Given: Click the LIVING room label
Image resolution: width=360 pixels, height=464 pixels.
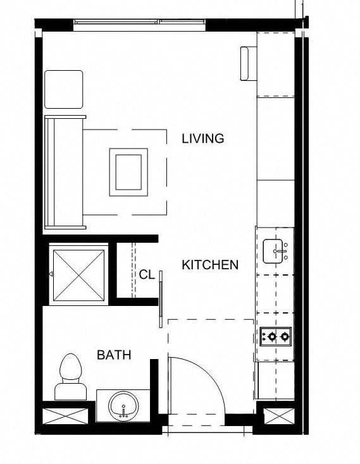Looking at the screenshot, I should pos(202,138).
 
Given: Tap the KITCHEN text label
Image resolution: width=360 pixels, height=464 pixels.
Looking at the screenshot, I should pos(210,265).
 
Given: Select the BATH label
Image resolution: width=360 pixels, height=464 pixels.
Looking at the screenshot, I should pos(114,355).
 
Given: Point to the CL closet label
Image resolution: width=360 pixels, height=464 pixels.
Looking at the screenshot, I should pos(147,275).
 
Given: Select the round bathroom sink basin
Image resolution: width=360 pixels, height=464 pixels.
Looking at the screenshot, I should pos(123,405).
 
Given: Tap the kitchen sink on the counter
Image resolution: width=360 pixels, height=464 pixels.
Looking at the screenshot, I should pos(275,252).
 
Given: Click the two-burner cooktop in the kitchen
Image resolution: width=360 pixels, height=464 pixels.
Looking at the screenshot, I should pos(275,336).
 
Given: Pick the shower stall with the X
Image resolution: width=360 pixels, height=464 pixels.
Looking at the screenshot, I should pos(77,274).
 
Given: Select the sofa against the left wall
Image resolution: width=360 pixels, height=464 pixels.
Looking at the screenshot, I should pos(65,172).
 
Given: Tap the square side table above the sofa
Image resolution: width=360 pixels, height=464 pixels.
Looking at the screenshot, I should pos(64,90).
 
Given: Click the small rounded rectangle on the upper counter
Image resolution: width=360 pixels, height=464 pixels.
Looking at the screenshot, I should pos(246,63).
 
